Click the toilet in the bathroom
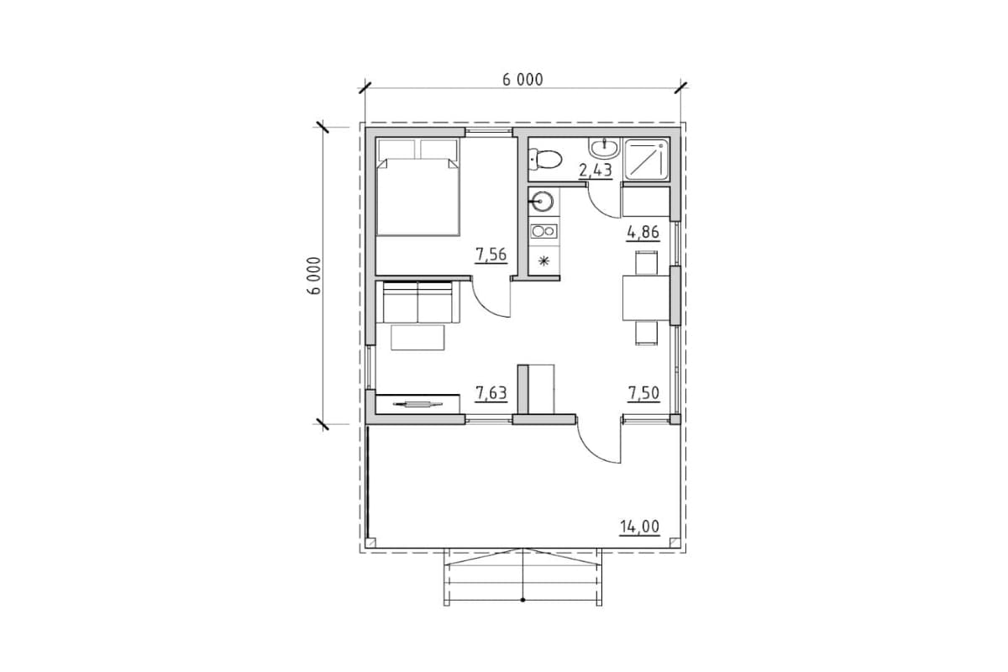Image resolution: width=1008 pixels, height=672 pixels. [545, 160]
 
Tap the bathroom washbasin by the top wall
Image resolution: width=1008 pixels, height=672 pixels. [604, 148]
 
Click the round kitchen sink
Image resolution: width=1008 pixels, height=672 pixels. [542, 202]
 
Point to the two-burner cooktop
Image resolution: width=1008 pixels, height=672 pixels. [544, 231]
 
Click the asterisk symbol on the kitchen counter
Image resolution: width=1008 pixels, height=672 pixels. [544, 260]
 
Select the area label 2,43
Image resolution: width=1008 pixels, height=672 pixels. [596, 171]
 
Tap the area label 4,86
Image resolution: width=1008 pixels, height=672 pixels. [643, 233]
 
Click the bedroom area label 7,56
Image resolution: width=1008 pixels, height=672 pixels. [491, 255]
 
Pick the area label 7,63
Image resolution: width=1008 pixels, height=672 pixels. [491, 393]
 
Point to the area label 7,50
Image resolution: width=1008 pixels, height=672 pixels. [643, 393]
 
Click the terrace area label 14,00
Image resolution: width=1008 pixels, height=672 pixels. [639, 527]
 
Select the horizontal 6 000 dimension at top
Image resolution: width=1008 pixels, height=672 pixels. [522, 80]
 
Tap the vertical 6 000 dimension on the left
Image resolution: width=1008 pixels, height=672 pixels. [314, 276]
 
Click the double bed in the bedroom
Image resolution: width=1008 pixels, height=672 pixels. [418, 186]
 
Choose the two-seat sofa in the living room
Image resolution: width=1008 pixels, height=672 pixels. [418, 302]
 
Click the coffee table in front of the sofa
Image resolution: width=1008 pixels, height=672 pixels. [417, 337]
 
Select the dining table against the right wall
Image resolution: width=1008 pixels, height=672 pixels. [646, 298]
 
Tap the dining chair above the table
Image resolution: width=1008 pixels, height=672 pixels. [646, 262]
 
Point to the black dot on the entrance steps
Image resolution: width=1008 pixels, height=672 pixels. [522, 600]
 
